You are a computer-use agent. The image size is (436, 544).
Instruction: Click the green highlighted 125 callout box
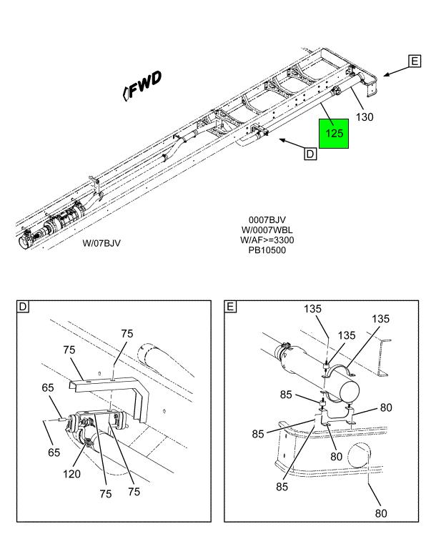(335, 133)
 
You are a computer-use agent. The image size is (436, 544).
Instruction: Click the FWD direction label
(144, 84)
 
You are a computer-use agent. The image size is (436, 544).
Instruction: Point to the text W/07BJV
(101, 242)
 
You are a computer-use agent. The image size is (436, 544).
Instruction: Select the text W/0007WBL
(267, 230)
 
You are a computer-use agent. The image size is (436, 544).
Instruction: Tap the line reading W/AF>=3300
(267, 240)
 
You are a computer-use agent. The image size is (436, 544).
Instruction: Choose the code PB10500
(267, 250)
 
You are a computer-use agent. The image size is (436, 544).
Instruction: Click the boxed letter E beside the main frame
(415, 62)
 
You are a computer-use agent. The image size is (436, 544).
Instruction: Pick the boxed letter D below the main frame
(310, 153)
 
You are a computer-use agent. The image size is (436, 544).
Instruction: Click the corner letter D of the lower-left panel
(23, 307)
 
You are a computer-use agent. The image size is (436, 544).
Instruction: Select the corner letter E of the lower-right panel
(231, 307)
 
